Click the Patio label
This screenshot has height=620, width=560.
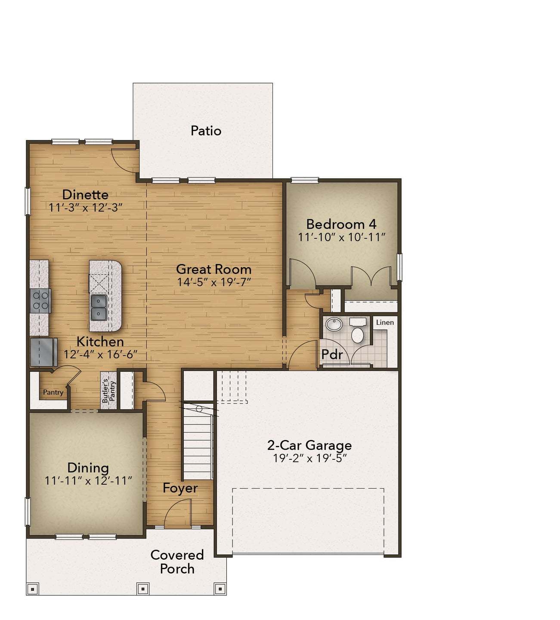206,131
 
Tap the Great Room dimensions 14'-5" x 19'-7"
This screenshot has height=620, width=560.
214,282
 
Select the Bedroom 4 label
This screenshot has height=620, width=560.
341,224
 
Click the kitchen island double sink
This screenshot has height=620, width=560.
99,307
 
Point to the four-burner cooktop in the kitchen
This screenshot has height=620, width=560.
40,301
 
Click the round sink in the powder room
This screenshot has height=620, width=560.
334,324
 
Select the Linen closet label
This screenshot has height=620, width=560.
385,322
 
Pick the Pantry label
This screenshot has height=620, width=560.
53,392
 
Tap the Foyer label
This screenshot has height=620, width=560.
180,488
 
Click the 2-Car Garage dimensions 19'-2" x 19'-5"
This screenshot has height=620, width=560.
309,458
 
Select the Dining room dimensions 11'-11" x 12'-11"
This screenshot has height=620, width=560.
88,480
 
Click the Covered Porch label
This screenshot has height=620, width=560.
177,561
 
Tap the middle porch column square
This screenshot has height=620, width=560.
142,588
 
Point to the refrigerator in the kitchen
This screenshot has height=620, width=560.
43,352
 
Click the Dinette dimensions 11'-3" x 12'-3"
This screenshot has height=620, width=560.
85,208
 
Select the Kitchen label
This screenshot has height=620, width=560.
100,342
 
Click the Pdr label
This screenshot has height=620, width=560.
332,355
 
